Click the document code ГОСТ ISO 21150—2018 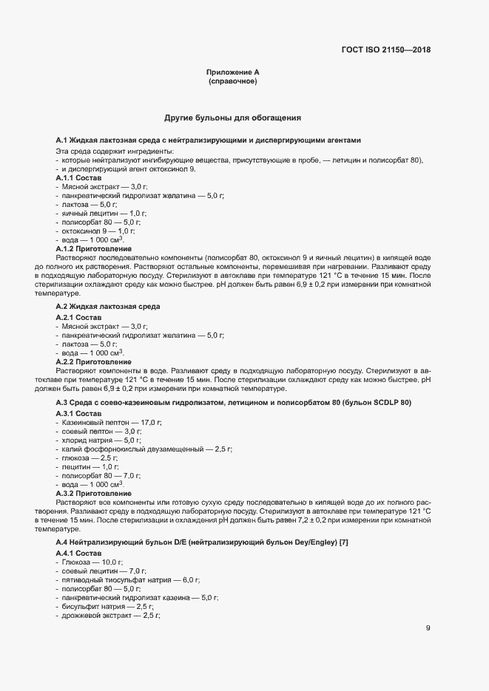click(385, 50)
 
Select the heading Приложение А click(232, 72)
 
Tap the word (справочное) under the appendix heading click(232, 81)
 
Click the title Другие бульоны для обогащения click(232, 118)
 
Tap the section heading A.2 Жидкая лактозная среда click(108, 305)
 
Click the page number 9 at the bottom click(428, 628)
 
